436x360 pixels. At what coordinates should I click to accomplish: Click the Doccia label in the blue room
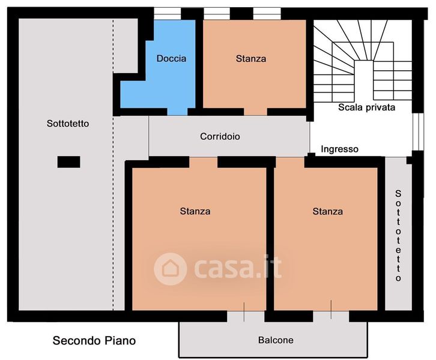(171, 58)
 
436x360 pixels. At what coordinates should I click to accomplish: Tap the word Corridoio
(220, 136)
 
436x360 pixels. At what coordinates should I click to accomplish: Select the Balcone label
(276, 340)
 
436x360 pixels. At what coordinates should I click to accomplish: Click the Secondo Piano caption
(94, 341)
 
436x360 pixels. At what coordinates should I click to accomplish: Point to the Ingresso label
(339, 149)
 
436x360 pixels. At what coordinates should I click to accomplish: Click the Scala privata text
(366, 107)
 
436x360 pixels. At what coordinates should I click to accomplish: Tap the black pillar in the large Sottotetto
(68, 162)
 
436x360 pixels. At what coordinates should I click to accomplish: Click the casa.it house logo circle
(170, 269)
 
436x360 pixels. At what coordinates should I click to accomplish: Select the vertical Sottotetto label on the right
(398, 236)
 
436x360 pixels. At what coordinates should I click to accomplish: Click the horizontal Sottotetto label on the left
(68, 124)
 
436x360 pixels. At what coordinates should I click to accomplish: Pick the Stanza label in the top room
(251, 59)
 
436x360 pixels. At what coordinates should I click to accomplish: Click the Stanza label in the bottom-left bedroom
(195, 211)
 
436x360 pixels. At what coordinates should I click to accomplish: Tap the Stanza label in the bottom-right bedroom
(327, 211)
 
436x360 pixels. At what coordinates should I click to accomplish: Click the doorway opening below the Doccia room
(177, 112)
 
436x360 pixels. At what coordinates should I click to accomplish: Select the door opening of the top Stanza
(256, 112)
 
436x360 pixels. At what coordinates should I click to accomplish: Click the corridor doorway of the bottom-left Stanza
(203, 162)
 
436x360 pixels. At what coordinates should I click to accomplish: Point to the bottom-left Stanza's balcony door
(246, 316)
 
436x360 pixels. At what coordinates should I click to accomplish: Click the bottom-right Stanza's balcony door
(331, 316)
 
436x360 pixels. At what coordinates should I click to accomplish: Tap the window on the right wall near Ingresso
(418, 131)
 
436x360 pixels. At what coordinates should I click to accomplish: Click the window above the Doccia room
(168, 13)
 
